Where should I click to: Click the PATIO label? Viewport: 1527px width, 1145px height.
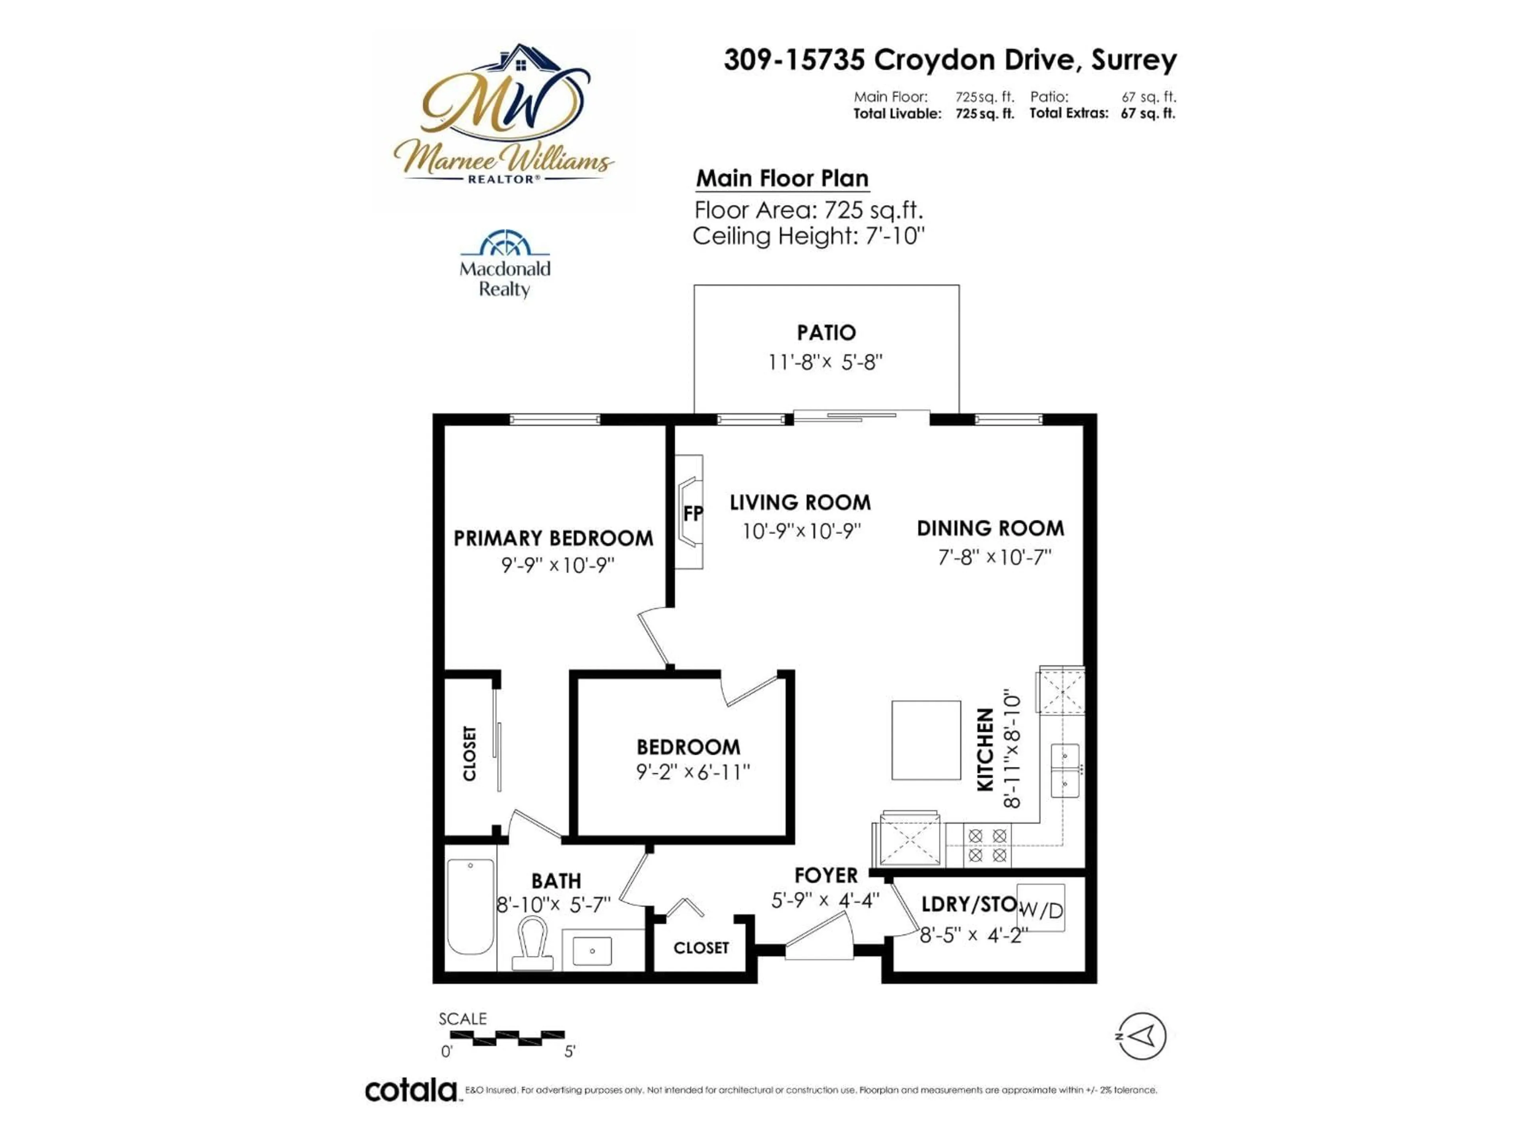pyautogui.click(x=826, y=333)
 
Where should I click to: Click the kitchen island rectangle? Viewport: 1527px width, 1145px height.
pyautogui.click(x=926, y=740)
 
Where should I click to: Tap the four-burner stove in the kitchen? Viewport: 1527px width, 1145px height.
pyautogui.click(x=987, y=846)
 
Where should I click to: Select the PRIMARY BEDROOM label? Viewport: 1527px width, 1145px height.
pyautogui.click(x=553, y=538)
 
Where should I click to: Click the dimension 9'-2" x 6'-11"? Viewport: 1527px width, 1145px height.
pyautogui.click(x=692, y=772)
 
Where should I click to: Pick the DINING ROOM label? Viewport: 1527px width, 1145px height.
pyautogui.click(x=990, y=529)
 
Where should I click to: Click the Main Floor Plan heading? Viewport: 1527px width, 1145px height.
pyautogui.click(x=782, y=179)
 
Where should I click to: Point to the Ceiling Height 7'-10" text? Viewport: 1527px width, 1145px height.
pyautogui.click(x=808, y=236)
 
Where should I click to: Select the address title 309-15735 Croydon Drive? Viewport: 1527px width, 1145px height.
pyautogui.click(x=950, y=60)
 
